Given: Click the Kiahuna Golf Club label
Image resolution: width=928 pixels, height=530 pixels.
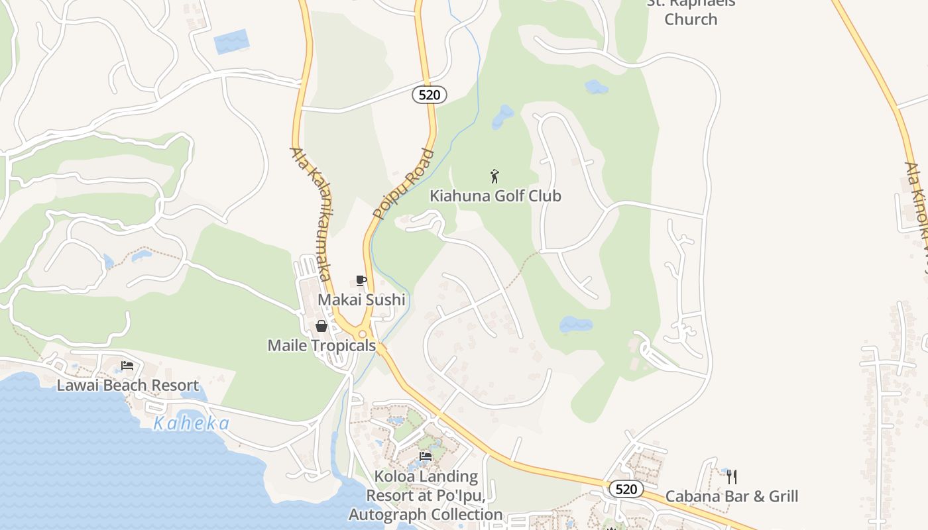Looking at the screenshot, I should [495, 196].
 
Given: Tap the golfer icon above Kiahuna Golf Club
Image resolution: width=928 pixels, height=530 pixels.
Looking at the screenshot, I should [494, 176].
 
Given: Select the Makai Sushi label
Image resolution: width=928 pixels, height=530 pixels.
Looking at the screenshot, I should [361, 300].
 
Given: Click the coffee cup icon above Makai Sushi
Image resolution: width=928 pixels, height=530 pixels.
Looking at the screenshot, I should [361, 281].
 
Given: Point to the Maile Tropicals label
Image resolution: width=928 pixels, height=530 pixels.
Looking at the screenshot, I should [321, 346].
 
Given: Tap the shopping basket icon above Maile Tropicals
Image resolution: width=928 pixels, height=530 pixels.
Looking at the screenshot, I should [321, 326].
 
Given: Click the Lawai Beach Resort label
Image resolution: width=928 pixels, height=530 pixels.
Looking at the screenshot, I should [127, 386].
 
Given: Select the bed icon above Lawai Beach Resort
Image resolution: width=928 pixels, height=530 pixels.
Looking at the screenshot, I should [127, 366].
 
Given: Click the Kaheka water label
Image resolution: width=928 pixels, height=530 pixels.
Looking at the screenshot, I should [192, 424].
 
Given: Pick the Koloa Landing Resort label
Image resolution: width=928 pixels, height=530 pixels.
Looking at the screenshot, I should [426, 496].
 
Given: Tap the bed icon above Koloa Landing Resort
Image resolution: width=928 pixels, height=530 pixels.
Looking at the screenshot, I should [426, 456].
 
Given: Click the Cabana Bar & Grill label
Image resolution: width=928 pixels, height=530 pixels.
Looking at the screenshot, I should [732, 496].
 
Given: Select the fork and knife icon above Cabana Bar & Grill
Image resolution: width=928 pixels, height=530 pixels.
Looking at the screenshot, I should [732, 476].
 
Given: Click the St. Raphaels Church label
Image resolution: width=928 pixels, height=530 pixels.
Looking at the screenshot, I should [691, 12].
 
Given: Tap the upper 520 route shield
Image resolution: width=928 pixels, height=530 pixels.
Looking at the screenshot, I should [430, 95].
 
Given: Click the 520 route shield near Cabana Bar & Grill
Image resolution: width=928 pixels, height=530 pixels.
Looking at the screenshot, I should [626, 490].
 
